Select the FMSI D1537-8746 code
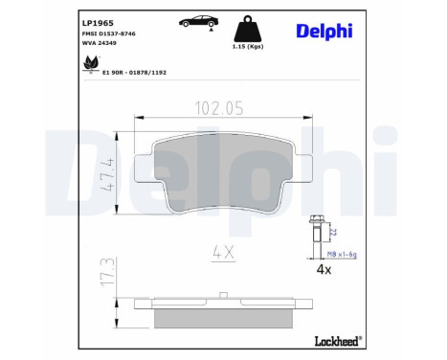tap(107, 33)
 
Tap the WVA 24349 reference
tap(97, 43)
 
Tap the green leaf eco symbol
tap(91, 66)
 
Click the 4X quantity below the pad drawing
tap(221, 253)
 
